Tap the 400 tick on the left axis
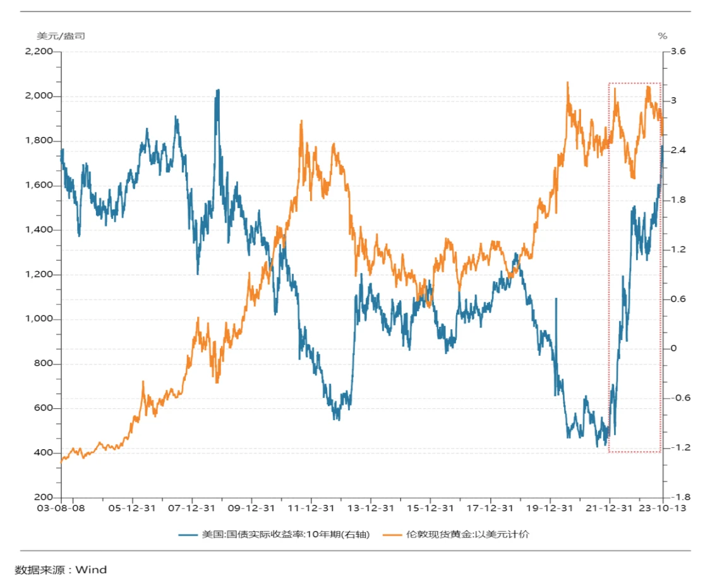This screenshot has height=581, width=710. tap(43, 453)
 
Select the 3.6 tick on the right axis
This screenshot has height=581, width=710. tap(678, 51)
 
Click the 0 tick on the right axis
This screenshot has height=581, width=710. tap(673, 348)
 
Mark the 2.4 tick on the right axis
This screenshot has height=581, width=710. tap(678, 150)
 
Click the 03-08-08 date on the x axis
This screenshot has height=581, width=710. tap(61, 508)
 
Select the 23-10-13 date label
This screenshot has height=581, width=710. tap(661, 508)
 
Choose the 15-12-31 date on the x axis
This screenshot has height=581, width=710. tap(430, 508)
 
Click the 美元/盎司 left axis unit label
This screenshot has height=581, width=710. tap(61, 36)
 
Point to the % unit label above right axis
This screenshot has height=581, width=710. tap(663, 36)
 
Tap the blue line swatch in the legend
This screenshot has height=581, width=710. tap(188, 534)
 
